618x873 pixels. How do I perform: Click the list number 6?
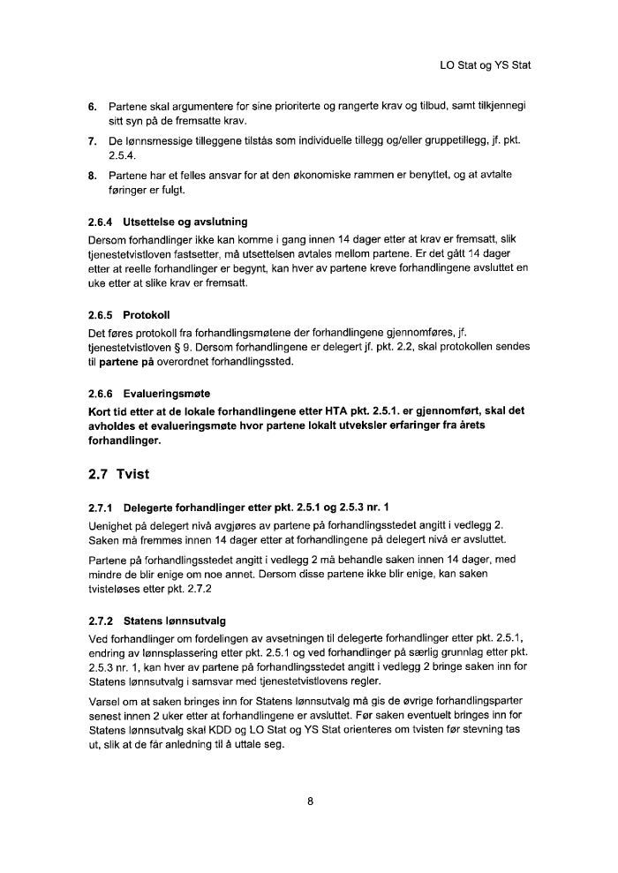tap(92, 107)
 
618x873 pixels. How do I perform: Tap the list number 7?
tap(92, 140)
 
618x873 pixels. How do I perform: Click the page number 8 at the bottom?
tap(310, 802)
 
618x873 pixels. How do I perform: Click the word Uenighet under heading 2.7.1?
tap(113, 524)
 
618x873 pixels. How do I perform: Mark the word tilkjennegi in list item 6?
tap(500, 107)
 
